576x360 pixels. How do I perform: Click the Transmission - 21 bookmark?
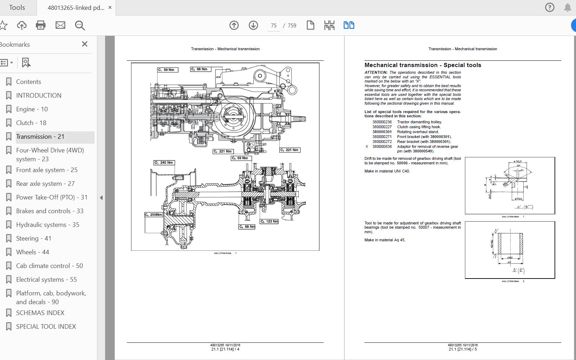(40, 137)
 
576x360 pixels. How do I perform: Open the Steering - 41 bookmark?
(33, 238)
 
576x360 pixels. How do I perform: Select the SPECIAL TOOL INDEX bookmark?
(46, 327)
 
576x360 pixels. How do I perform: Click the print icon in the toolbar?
(41, 25)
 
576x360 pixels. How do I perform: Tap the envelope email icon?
(60, 25)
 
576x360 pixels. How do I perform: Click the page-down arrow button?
(253, 25)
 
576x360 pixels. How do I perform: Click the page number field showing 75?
(273, 26)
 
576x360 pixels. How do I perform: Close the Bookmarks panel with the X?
(85, 44)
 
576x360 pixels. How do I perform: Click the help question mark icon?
(550, 7)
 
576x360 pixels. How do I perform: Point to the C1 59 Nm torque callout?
(168, 70)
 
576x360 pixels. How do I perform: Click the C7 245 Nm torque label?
(164, 163)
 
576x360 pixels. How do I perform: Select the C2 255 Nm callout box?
(154, 215)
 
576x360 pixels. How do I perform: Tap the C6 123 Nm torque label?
(269, 221)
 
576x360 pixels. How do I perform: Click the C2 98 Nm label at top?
(200, 69)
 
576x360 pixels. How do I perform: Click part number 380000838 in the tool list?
(382, 147)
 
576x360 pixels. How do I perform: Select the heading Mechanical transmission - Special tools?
(423, 65)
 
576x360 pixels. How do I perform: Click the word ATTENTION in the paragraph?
(376, 73)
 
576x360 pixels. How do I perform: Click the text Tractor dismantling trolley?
(419, 122)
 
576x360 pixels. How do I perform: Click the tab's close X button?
(110, 7)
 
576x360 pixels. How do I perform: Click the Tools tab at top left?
(17, 7)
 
